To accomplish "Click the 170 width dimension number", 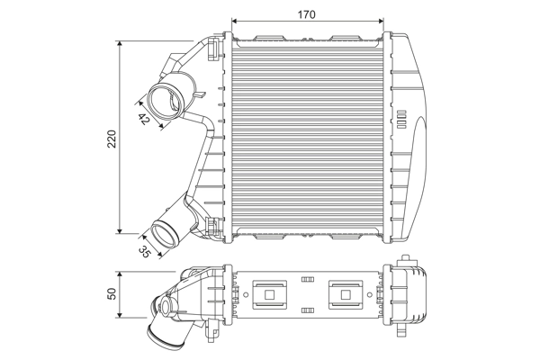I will [308, 13].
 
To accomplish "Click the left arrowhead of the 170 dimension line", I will [235, 21].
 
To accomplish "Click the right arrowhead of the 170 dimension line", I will [382, 21].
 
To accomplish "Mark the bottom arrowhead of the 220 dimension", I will [121, 231].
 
